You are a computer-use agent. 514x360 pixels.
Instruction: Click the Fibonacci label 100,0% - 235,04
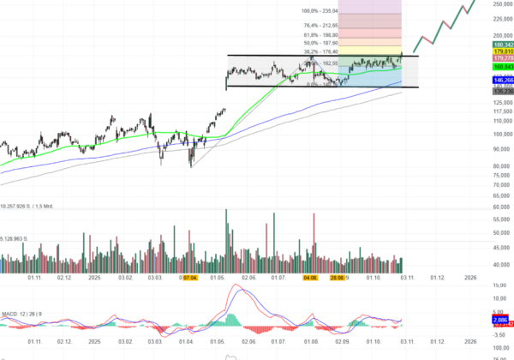[x=320, y=11]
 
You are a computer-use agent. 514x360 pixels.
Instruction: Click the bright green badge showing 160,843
[x=502, y=66]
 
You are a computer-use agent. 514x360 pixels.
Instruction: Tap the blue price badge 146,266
[x=502, y=80]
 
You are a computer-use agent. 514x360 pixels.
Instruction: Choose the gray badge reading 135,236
[x=502, y=90]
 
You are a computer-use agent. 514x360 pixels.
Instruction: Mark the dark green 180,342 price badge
[x=502, y=45]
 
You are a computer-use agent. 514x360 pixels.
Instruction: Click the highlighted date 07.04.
[x=189, y=278]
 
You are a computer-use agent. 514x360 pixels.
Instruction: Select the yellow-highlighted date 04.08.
[x=311, y=278]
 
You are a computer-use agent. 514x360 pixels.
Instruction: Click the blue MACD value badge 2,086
[x=502, y=319]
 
